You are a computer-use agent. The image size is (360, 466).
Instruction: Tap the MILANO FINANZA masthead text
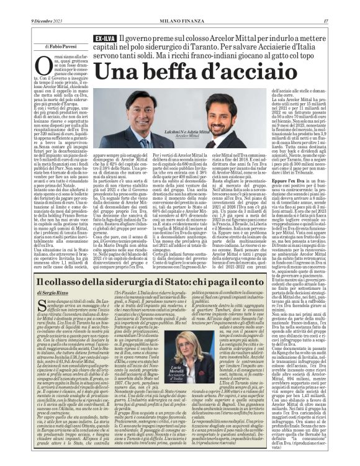coord(180,5)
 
